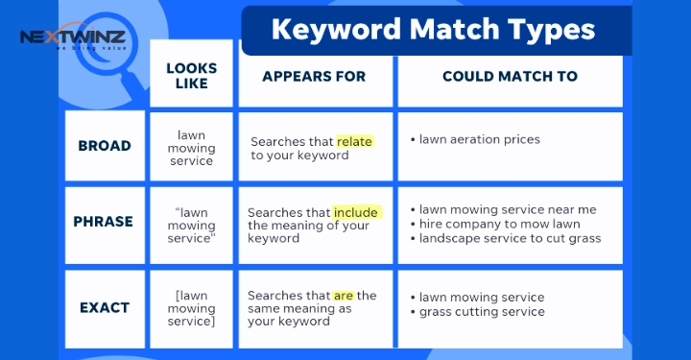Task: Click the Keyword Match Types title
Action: click(433, 30)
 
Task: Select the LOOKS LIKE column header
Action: click(191, 75)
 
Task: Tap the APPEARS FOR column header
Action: click(314, 76)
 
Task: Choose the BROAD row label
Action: click(104, 146)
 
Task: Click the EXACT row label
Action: click(104, 308)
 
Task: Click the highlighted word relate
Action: click(354, 141)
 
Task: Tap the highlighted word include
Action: click(357, 212)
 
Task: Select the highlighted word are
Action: click(345, 296)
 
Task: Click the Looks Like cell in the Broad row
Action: click(191, 149)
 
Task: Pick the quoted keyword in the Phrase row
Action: click(191, 226)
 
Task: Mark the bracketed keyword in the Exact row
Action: click(191, 308)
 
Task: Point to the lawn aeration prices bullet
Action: click(480, 140)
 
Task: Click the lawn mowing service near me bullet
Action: click(508, 209)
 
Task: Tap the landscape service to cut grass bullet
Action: click(510, 238)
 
